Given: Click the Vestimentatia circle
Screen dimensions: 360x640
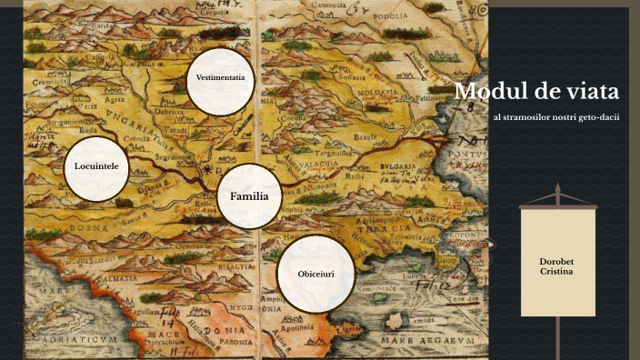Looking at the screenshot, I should (221, 78).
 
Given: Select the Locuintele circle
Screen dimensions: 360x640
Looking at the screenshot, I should (97, 168).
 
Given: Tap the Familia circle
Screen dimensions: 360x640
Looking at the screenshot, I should (249, 196).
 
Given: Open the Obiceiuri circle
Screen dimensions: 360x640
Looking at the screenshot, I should (315, 274).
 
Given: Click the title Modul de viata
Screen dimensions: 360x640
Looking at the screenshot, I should (537, 92).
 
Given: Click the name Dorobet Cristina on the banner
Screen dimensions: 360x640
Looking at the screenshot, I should (556, 267).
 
